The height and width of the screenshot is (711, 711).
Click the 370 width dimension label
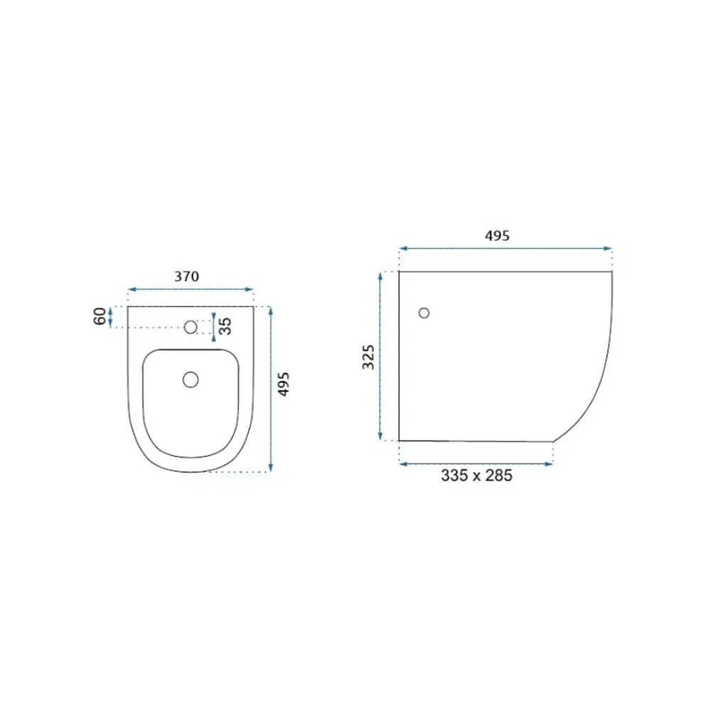tap(186, 276)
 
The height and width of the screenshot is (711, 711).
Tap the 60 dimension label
tap(100, 316)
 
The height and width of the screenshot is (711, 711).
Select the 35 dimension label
tap(225, 326)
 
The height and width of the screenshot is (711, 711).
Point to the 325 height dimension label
tap(368, 358)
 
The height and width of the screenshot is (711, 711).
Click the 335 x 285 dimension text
tap(476, 475)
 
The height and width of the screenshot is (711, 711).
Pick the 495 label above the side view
tap(497, 235)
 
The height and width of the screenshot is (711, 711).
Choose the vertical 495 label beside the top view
tap(284, 385)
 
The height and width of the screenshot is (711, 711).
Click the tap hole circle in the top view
tap(191, 326)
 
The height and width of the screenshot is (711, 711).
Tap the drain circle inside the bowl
tap(191, 380)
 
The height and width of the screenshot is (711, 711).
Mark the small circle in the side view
tap(424, 313)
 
